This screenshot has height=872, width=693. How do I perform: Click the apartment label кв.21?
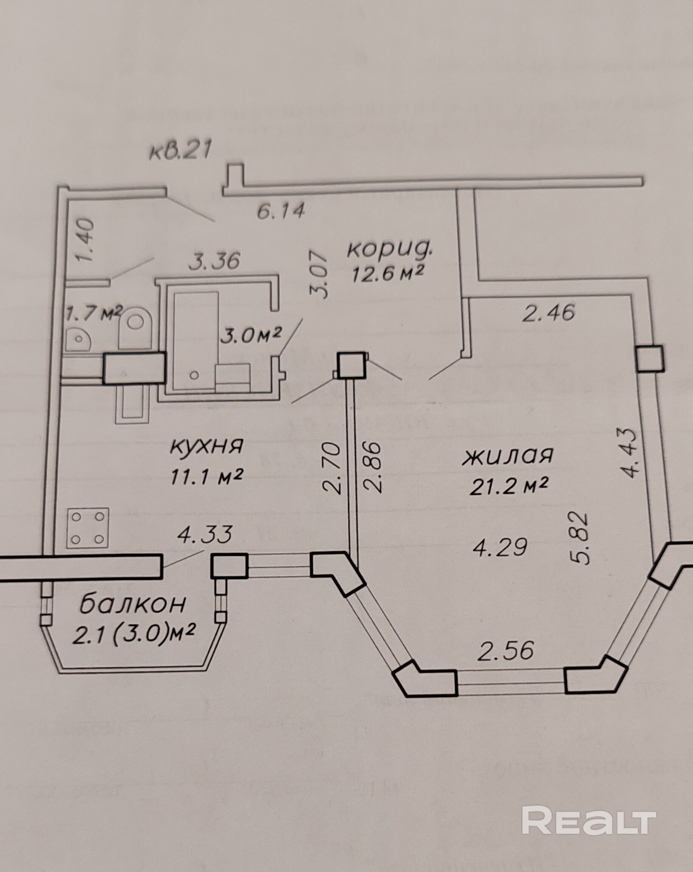coord(180,151)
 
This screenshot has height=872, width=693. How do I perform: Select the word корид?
coord(390,249)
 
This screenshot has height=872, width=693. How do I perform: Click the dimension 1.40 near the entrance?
coord(86,241)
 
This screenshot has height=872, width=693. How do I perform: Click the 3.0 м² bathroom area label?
coord(251,335)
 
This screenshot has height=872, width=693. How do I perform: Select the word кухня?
coord(206,447)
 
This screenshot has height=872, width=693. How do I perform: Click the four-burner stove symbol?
coord(88,528)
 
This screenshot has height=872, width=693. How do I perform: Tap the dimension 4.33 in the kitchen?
coord(205,534)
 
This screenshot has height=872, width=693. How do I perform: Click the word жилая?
coord(507,456)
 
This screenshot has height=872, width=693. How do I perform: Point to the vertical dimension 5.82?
coord(581,537)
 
